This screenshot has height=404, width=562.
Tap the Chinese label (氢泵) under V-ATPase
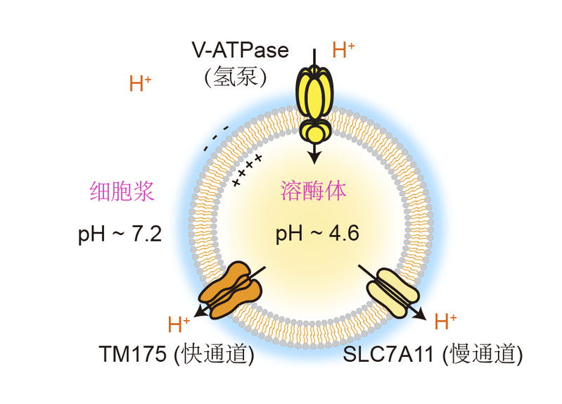[x=236, y=77]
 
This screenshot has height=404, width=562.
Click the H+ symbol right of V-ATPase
[x=343, y=50]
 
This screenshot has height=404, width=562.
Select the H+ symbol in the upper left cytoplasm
[x=140, y=84]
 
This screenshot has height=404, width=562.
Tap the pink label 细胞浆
[x=122, y=191]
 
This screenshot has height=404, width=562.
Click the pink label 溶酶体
[x=314, y=191]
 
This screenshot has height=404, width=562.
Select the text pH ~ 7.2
[x=120, y=234]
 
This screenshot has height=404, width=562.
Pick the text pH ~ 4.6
[x=317, y=234]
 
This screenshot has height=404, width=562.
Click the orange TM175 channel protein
[x=230, y=286]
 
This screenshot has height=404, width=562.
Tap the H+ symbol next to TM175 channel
[x=179, y=325]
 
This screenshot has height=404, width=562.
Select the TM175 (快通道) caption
[x=176, y=355]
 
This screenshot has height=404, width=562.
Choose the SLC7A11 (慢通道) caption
[x=433, y=355]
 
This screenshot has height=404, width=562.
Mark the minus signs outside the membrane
[x=216, y=138]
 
